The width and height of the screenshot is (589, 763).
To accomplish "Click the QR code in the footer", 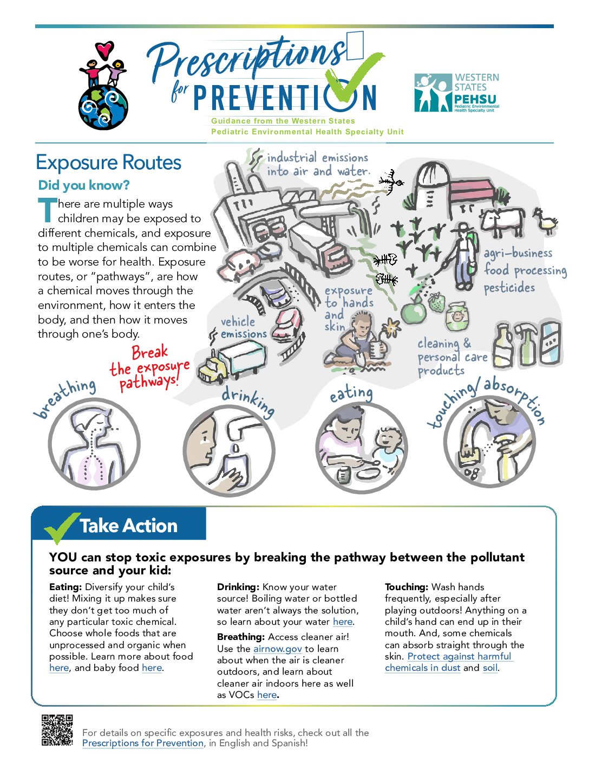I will click(x=57, y=730).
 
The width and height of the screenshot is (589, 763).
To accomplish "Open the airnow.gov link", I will click(x=277, y=649).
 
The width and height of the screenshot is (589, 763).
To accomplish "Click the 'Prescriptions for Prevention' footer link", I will click(x=143, y=743).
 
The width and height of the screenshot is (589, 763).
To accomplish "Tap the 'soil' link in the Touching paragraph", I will click(x=490, y=668).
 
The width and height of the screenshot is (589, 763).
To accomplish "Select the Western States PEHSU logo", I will click(x=456, y=93).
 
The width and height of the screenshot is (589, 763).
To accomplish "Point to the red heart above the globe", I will click(x=104, y=50).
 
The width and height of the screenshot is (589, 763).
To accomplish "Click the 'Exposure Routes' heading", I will click(x=108, y=163).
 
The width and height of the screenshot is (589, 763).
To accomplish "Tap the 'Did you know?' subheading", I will click(x=84, y=185).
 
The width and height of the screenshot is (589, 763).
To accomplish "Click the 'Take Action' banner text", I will click(x=128, y=526).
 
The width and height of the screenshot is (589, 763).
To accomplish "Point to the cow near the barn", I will click(x=502, y=221).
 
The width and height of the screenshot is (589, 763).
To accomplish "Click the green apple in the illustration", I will click(x=414, y=312).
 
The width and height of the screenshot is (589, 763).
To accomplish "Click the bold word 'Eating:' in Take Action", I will click(x=66, y=587).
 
